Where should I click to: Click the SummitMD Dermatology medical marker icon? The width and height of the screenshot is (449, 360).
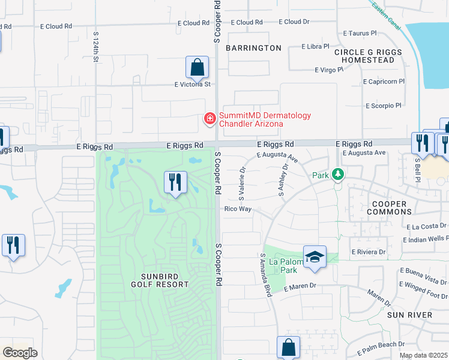pos(209,119)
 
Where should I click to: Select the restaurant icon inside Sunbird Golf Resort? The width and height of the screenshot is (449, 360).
pos(175,182)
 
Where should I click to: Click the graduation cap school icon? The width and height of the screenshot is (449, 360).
pos(315,257)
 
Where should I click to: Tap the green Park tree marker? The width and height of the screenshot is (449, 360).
pos(338,175)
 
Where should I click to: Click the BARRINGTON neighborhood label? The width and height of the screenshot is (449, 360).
pos(254,48)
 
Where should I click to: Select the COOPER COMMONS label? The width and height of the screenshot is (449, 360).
pos(386,208)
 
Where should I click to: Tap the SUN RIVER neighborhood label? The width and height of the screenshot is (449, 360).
pos(409,315)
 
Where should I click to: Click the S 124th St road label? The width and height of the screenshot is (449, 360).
pos(95,47)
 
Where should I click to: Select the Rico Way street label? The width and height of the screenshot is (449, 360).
pos(237,209)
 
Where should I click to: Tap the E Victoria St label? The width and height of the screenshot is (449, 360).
pos(193,85)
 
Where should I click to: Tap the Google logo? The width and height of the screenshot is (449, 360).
pos(20,353)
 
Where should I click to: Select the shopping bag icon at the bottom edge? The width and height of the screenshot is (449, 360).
pos(288,347)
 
